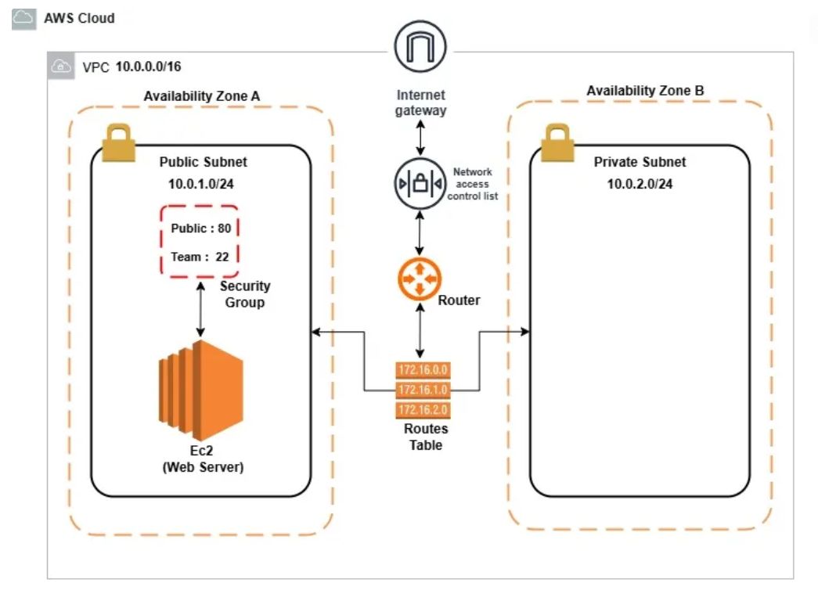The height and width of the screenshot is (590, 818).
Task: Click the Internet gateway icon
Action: pyautogui.click(x=420, y=46)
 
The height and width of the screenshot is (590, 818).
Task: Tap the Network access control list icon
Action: pyautogui.click(x=420, y=184)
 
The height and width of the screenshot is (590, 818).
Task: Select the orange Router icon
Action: pyautogui.click(x=420, y=279)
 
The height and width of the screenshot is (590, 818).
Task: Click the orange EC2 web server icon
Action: pyautogui.click(x=201, y=390)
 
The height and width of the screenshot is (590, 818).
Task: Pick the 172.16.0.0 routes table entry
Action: pyautogui.click(x=423, y=370)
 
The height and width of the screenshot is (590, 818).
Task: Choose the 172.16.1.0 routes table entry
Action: pyautogui.click(x=423, y=390)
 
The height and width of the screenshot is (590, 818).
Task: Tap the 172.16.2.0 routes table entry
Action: pyautogui.click(x=423, y=409)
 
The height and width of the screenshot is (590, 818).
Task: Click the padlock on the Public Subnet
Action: pyautogui.click(x=118, y=142)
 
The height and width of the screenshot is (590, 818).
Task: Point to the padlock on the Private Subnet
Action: pyautogui.click(x=557, y=142)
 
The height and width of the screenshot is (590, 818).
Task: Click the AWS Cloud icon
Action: pyautogui.click(x=24, y=18)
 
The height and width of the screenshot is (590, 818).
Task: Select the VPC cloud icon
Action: pyautogui.click(x=61, y=67)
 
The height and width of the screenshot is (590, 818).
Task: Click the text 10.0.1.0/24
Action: pyautogui.click(x=201, y=184)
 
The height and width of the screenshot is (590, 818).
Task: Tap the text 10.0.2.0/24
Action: pyautogui.click(x=640, y=184)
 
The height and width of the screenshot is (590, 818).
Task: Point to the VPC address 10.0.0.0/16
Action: pyautogui.click(x=148, y=67)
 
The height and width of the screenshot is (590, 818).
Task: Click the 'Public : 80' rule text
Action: pyautogui.click(x=201, y=228)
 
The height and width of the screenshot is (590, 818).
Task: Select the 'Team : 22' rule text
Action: pyautogui.click(x=200, y=257)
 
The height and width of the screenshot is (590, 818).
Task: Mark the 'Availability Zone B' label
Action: pyautogui.click(x=645, y=91)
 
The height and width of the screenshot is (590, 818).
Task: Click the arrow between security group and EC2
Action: pyautogui.click(x=200, y=310)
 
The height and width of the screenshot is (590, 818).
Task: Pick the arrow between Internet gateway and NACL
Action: pyautogui.click(x=420, y=138)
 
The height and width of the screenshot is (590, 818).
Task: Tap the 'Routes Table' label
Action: pyautogui.click(x=426, y=437)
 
